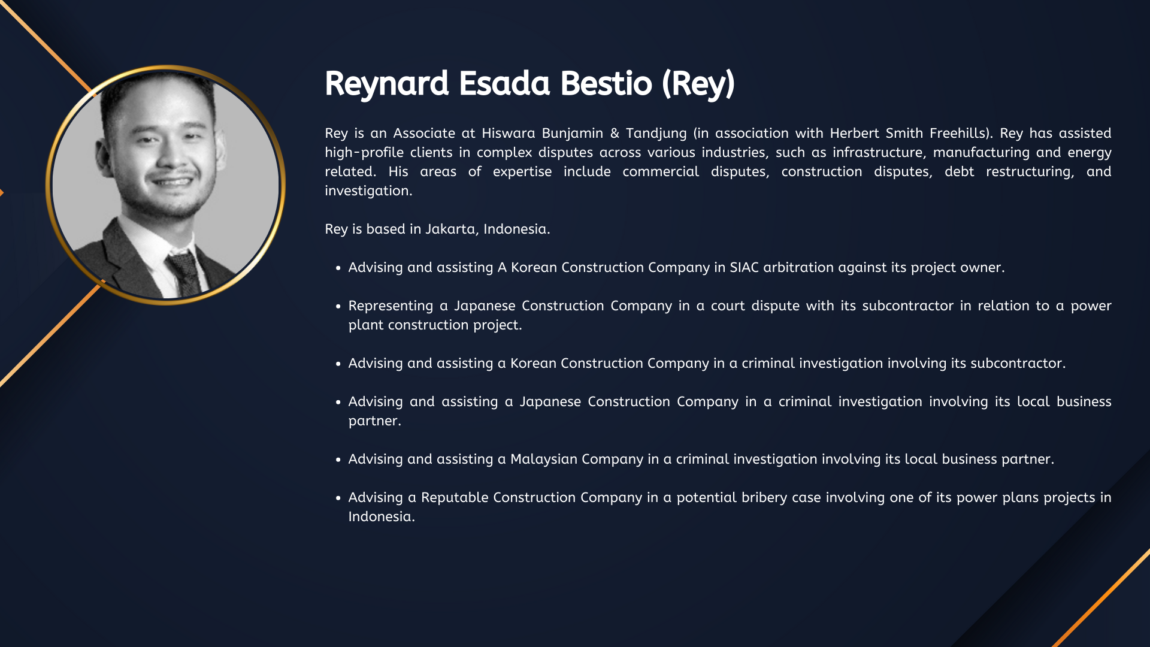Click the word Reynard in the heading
pos(386,84)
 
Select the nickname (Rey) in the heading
pos(698,84)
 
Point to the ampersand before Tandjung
pos(615,133)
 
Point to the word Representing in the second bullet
pos(391,306)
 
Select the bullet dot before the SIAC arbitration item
pos(338,268)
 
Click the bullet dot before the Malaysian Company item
pos(338,460)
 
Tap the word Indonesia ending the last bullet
pos(382,517)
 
